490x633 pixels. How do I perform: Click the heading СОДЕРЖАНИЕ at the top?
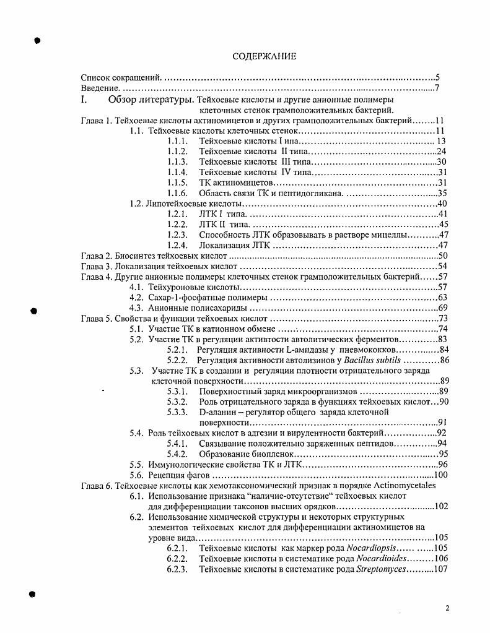(x=265, y=56)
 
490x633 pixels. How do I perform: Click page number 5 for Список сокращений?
(x=437, y=79)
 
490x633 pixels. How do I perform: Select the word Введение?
(x=99, y=89)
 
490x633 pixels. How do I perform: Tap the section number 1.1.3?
(x=177, y=162)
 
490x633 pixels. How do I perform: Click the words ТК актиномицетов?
(x=236, y=183)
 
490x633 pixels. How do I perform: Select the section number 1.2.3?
(x=177, y=235)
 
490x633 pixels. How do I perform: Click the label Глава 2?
(x=97, y=256)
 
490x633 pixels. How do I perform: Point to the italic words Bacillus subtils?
(x=373, y=361)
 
